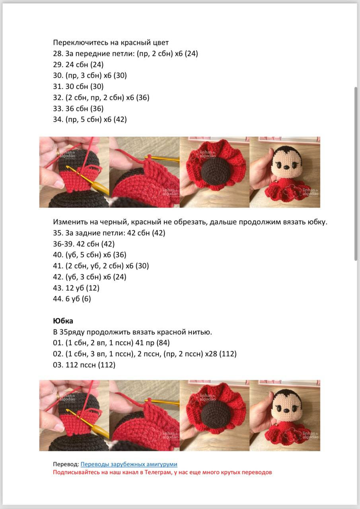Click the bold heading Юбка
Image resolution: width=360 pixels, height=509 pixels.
point(63,321)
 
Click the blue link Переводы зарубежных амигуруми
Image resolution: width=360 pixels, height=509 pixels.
point(129,464)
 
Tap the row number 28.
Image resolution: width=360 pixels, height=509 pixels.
point(57,53)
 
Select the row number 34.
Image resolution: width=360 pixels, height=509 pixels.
point(57,119)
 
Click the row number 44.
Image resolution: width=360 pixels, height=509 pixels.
point(57,299)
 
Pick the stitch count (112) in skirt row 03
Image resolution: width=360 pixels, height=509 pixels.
point(107,365)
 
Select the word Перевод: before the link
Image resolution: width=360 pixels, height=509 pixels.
point(66,464)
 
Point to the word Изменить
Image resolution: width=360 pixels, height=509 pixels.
point(68,222)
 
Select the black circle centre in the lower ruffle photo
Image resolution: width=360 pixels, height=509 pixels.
point(215,415)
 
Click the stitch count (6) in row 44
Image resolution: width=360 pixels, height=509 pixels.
point(86,299)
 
